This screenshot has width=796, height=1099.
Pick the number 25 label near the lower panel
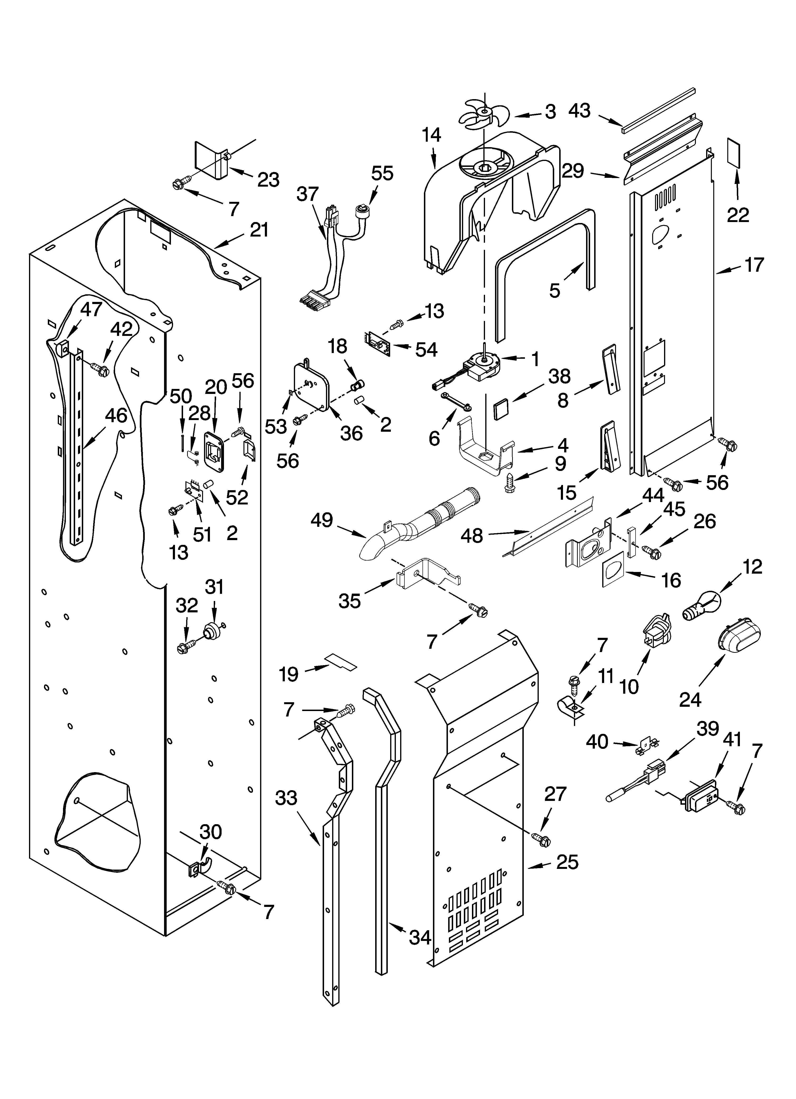point(567,862)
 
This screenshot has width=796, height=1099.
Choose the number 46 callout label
point(116,416)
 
